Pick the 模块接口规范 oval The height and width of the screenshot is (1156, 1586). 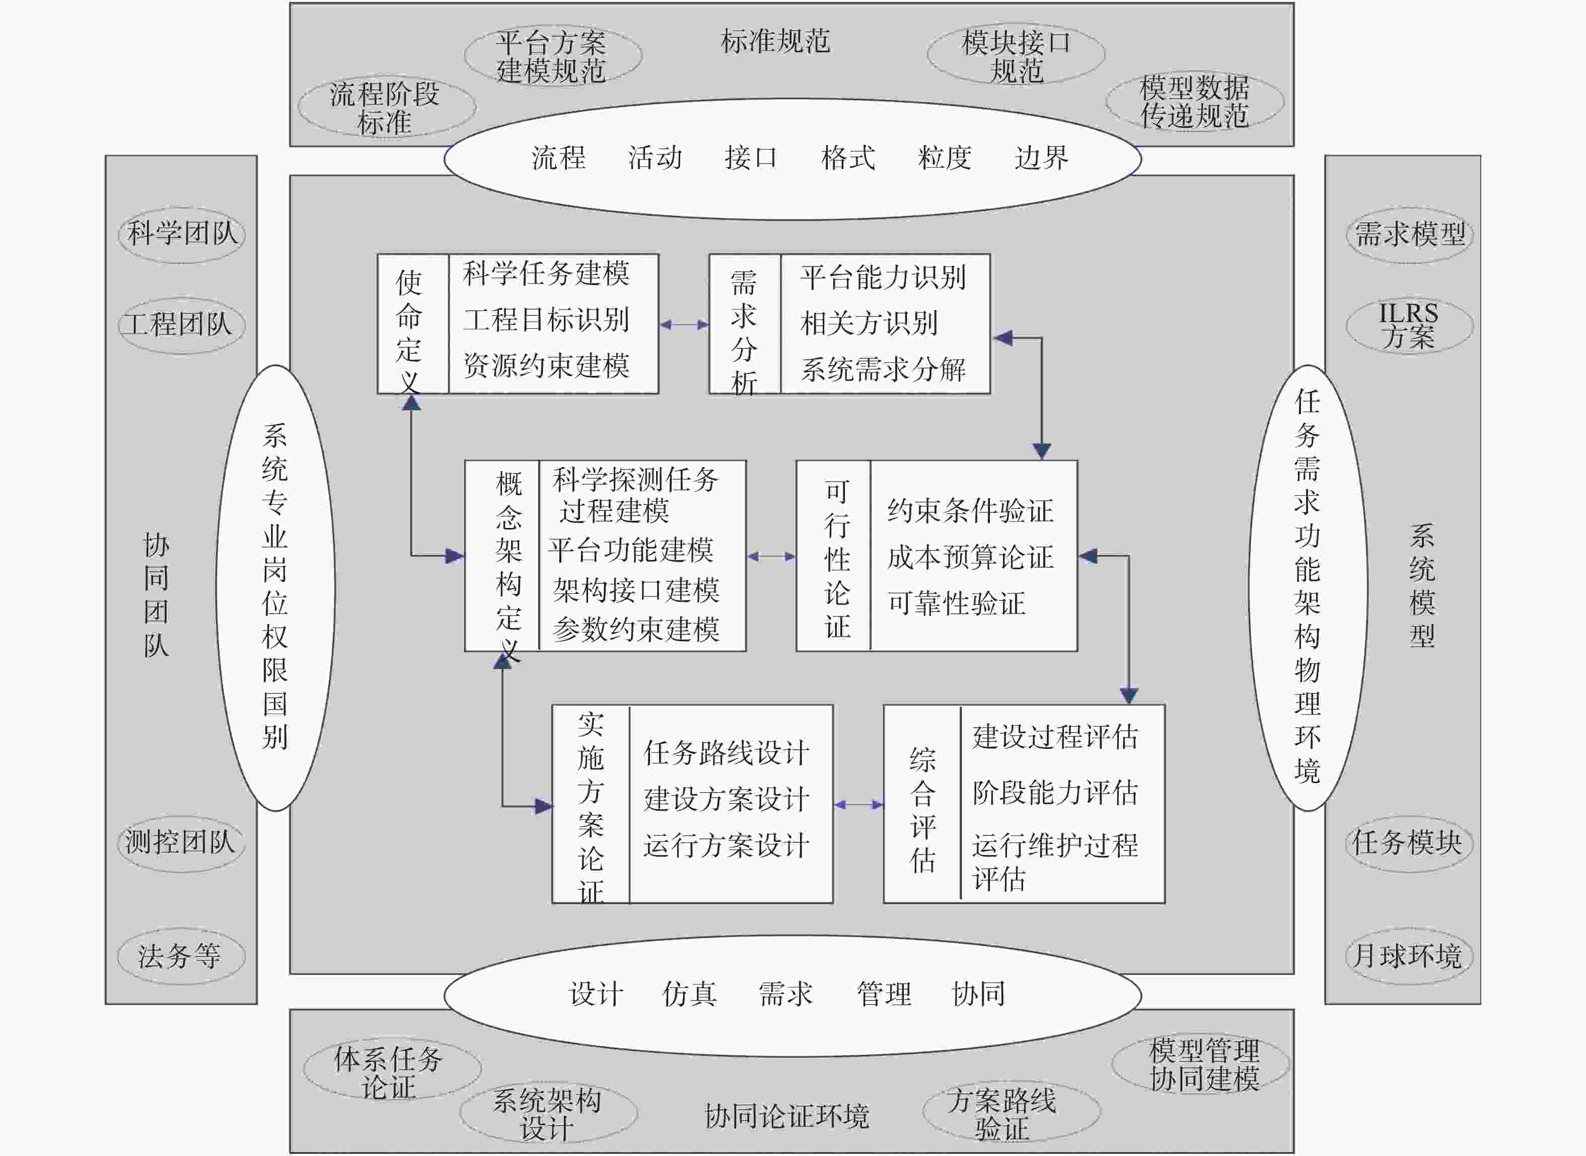[x=1016, y=54]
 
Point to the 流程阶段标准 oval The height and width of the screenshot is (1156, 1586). [x=387, y=106]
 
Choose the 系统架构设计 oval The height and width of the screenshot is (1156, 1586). [x=548, y=1113]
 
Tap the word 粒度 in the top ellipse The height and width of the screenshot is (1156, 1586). [x=944, y=158]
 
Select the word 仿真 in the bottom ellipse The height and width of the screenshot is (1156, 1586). [x=689, y=993]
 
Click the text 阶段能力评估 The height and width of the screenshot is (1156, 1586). [x=1055, y=793]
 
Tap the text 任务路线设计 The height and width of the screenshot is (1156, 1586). [x=727, y=753]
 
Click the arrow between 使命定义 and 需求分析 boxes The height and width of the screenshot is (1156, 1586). [x=684, y=325]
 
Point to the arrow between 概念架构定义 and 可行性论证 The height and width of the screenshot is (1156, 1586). [x=771, y=556]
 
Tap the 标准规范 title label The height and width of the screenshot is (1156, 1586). [x=775, y=42]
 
